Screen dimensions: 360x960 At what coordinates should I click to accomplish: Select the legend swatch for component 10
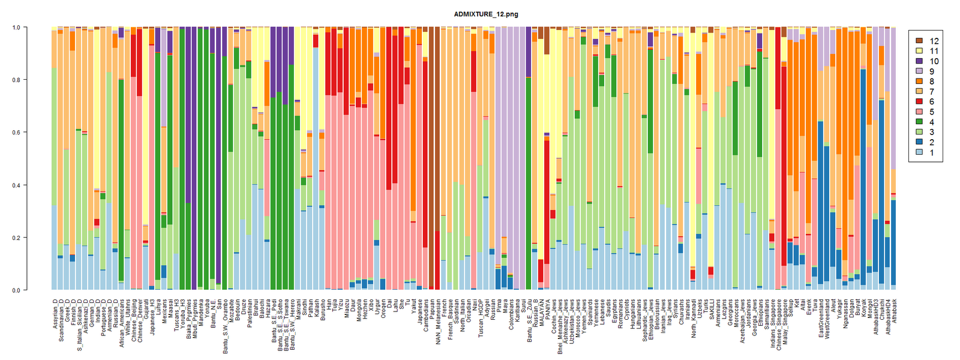(919, 61)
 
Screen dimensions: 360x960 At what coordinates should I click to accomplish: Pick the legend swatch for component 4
(919, 122)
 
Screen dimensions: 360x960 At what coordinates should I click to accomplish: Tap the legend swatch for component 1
(919, 153)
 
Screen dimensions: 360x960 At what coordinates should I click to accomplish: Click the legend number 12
(934, 41)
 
